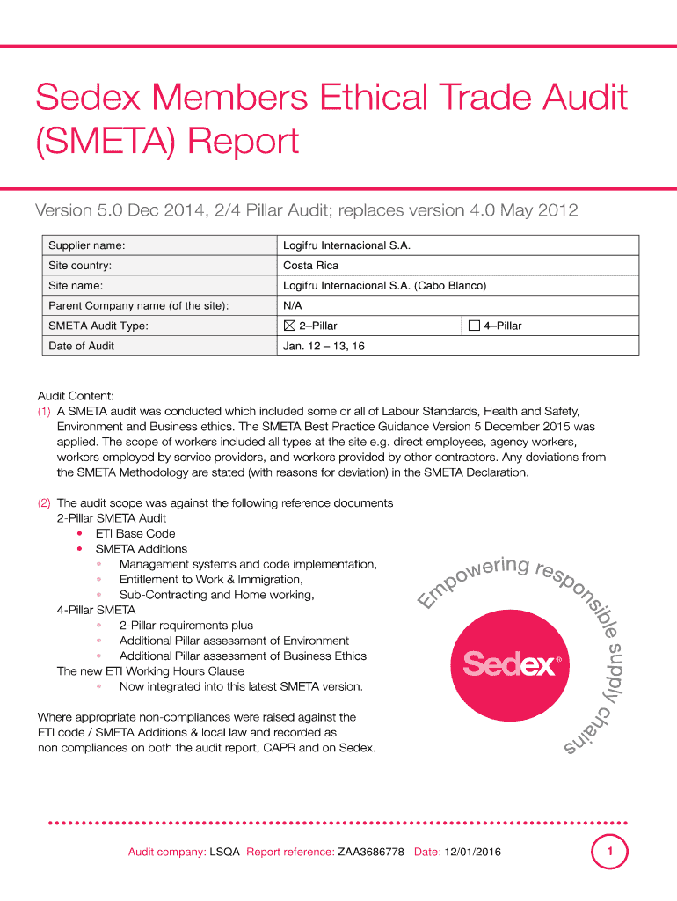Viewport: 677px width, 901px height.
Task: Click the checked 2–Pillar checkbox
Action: [x=289, y=326]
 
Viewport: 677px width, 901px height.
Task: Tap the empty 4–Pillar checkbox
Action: [x=474, y=326]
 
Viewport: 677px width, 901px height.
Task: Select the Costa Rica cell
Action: [x=310, y=266]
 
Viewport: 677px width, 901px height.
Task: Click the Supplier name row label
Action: [x=86, y=245]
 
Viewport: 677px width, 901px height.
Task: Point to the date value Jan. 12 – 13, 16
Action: [x=324, y=347]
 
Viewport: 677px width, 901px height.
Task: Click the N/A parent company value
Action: [x=292, y=306]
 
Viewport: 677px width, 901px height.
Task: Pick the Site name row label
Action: [x=76, y=286]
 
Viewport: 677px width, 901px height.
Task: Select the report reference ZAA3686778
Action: [x=371, y=853]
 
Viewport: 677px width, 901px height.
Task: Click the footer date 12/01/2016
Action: [x=473, y=853]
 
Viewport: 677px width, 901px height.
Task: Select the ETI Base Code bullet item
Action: [x=135, y=533]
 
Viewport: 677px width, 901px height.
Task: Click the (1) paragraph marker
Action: [x=44, y=411]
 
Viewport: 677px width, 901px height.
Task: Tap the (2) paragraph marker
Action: [x=44, y=503]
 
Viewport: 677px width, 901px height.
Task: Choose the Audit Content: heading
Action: [x=76, y=396]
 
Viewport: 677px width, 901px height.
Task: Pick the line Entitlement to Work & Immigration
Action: [x=211, y=579]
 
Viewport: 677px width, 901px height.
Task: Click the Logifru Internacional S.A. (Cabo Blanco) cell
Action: [x=384, y=286]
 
